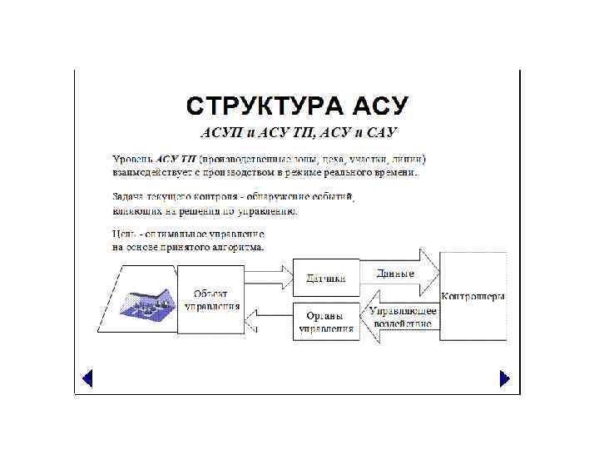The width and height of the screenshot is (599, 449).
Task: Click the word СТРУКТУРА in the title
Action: [264, 106]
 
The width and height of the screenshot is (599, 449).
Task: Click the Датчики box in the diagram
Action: [326, 277]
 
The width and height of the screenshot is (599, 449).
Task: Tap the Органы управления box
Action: [326, 321]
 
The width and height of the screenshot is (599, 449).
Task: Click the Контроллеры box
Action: [473, 297]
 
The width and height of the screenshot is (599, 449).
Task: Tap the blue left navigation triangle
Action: [87, 378]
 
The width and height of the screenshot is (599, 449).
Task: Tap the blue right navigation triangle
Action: [504, 378]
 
